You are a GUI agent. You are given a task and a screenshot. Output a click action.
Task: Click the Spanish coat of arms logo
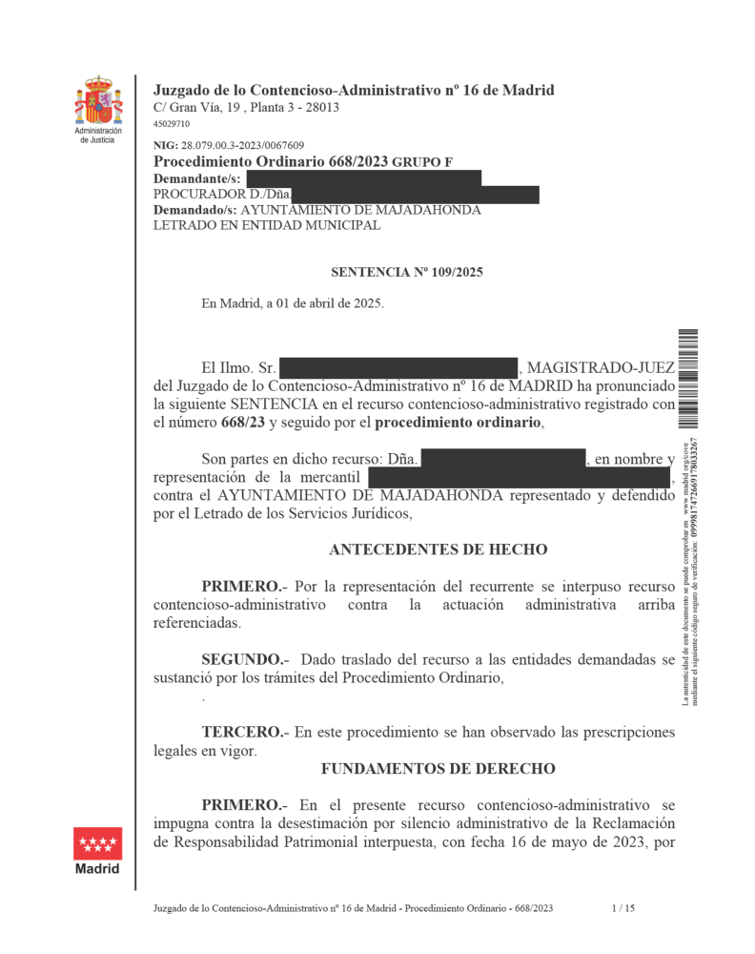pos(99,100)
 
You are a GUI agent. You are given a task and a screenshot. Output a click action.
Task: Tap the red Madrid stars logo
pos(98,843)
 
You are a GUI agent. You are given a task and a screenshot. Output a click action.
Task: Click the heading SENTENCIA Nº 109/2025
pos(407,273)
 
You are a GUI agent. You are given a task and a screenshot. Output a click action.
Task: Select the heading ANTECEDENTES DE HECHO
pos(438,550)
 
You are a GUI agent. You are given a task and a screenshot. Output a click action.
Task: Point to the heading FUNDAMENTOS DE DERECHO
pos(438,768)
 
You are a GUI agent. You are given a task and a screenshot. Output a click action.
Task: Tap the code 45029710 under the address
pos(172,124)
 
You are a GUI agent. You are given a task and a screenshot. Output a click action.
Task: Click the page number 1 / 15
pos(622,909)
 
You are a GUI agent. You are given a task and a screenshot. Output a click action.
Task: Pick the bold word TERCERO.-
pos(244,732)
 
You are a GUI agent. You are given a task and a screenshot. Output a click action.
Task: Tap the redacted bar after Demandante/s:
pos(363,178)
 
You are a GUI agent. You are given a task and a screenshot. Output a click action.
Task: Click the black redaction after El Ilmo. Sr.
pos(399,367)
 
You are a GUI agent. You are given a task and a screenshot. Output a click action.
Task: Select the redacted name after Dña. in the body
pos(503,460)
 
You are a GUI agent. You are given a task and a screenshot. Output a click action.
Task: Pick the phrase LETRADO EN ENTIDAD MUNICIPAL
pos(267,226)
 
